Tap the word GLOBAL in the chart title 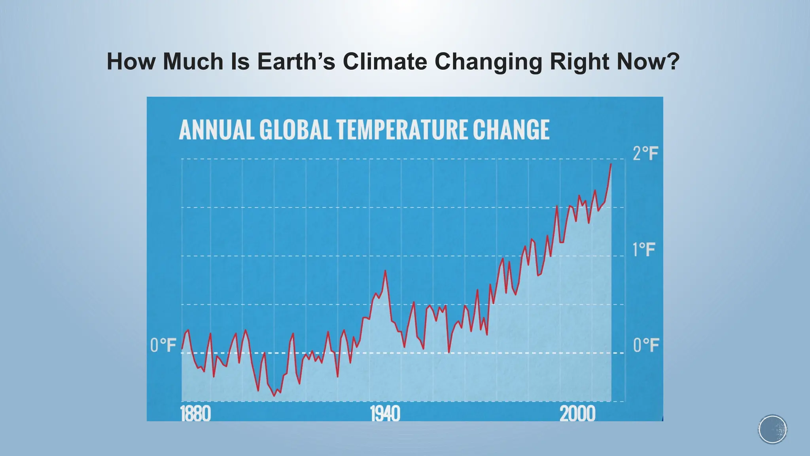(295, 130)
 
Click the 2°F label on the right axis (645, 154)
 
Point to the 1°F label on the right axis (644, 250)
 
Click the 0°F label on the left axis (163, 346)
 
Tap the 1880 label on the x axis (195, 414)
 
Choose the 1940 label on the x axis (385, 414)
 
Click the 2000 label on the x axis (577, 414)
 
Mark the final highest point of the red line (611, 164)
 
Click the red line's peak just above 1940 (385, 271)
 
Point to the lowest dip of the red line (274, 395)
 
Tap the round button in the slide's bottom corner (772, 429)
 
